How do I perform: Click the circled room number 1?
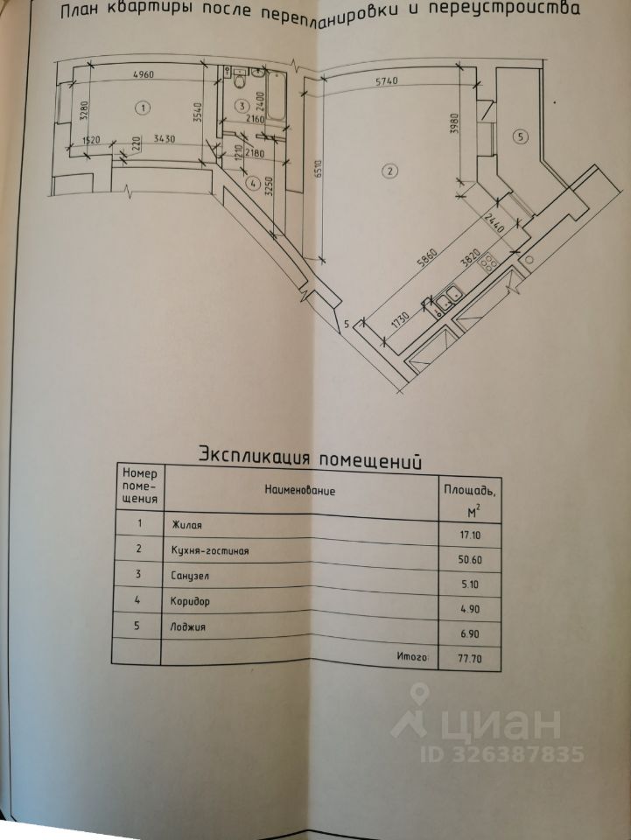(x=143, y=107)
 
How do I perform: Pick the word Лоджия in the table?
(x=188, y=627)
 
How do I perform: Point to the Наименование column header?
(x=300, y=490)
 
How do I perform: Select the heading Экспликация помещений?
(x=311, y=455)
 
